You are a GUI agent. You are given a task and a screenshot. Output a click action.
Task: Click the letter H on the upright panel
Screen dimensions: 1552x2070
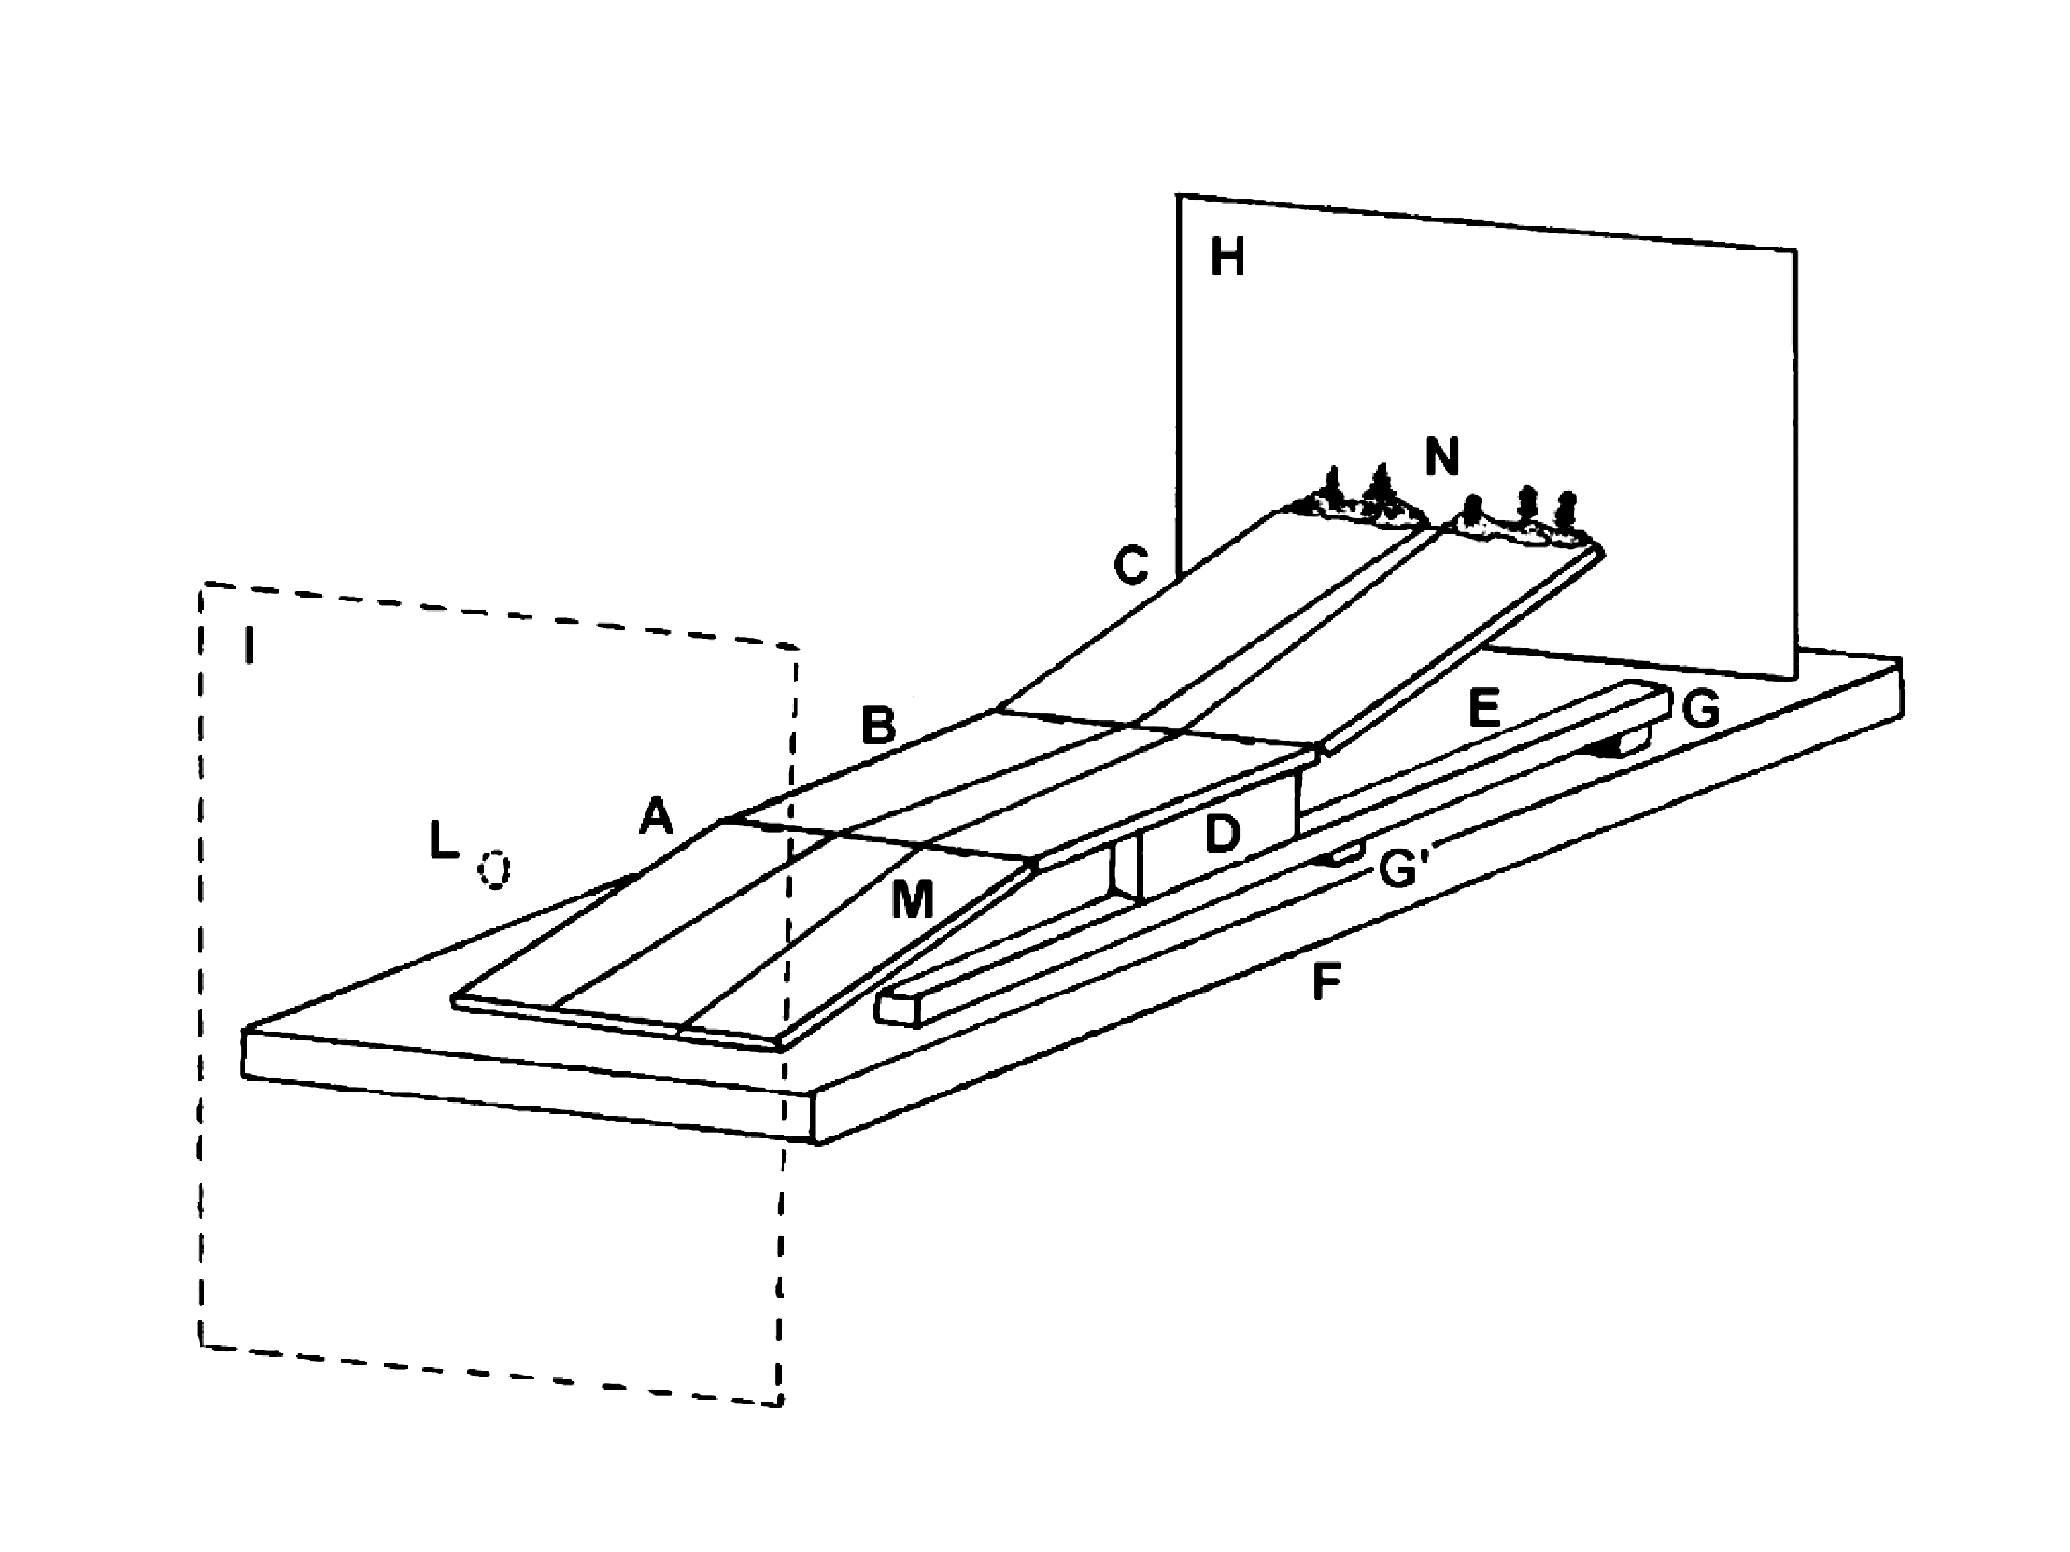[1226, 257]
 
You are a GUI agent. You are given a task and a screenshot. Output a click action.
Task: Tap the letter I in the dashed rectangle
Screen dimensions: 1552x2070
[248, 645]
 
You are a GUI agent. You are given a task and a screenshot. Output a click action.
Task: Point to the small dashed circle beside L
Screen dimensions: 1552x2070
[493, 869]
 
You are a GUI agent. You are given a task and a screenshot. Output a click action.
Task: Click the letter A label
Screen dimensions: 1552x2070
[656, 817]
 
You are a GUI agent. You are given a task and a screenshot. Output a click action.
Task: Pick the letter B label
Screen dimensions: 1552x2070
[878, 725]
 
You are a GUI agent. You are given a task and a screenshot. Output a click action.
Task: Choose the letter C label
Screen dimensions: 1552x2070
[1130, 565]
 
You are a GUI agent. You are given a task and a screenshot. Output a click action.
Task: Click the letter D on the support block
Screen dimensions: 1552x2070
[1221, 834]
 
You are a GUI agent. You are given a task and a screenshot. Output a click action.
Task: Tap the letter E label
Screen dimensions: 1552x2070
[1484, 708]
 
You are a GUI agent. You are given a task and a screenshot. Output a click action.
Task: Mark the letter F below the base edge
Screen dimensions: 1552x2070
[1327, 982]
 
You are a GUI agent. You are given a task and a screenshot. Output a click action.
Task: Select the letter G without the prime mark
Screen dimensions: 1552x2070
[1700, 710]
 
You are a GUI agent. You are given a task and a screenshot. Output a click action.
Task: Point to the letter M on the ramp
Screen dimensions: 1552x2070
[913, 901]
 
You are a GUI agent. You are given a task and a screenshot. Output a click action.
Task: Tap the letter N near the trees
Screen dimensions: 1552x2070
[1441, 458]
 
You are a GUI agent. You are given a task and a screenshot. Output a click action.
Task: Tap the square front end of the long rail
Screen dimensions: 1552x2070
[897, 1009]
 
